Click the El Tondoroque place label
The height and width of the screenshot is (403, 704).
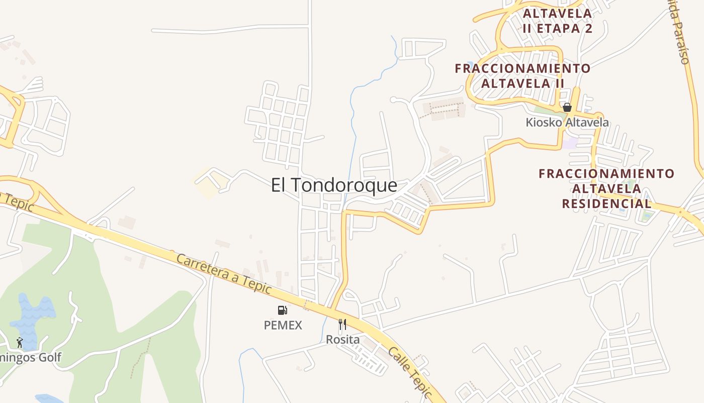334,185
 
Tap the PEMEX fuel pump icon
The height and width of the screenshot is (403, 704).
283,310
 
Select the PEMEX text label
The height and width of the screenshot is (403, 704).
283,325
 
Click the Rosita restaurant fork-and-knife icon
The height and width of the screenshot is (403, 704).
342,324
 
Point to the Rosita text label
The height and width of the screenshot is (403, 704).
343,340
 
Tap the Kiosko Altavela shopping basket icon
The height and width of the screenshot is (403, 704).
567,107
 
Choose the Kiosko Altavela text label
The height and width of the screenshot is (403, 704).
567,122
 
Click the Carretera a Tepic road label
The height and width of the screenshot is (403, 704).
224,275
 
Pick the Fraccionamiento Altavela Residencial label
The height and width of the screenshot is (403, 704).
606,188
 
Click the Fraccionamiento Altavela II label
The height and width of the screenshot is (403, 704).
523,76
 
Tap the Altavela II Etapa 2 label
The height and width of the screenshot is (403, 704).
557,21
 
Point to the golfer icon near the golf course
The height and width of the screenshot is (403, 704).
20,343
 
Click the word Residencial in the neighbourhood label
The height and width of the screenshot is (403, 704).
606,204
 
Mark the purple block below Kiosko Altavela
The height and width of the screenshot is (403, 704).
570,144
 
